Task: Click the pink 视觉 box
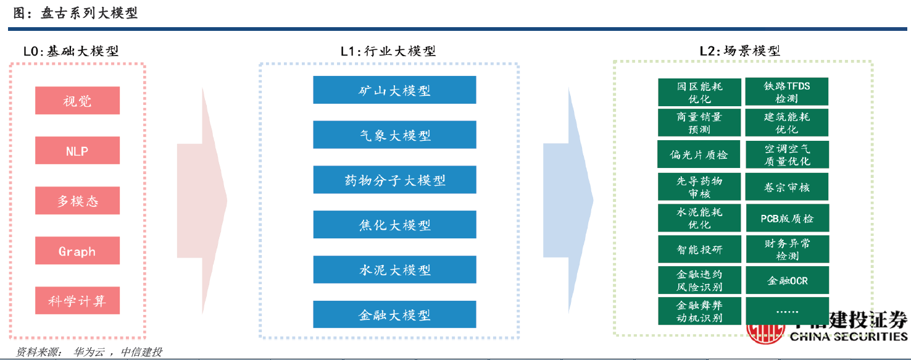pos(77,100)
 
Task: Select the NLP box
pos(77,151)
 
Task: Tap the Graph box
pos(77,251)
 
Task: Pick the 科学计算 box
pos(77,301)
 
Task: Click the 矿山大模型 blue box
pos(394,90)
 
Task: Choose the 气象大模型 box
pos(394,135)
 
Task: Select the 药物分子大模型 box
pos(394,180)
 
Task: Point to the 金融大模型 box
pos(394,314)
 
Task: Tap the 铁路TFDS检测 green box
pos(786,92)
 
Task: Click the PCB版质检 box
pos(787,218)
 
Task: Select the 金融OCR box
pos(787,280)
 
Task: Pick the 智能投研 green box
pos(699,249)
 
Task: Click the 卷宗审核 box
pos(786,186)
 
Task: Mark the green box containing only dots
pos(787,311)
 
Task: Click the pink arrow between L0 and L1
pos(202,201)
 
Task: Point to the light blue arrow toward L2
pos(568,201)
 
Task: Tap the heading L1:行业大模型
pos(388,51)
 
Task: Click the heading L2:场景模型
pos(740,51)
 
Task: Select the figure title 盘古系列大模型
pos(89,13)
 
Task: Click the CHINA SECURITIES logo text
pos(849,337)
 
